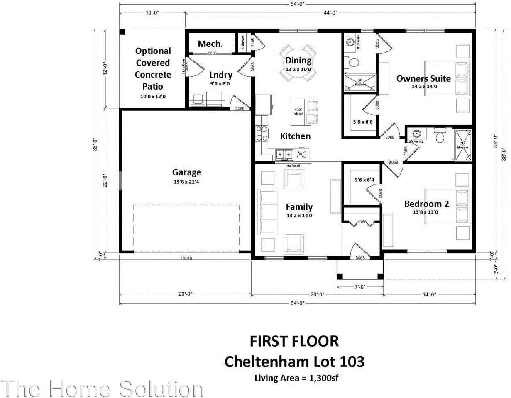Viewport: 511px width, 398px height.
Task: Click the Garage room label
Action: [186, 172]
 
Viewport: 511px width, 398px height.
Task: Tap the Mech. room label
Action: [210, 44]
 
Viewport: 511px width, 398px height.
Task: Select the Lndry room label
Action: [220, 75]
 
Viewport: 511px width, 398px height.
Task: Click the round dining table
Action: [298, 61]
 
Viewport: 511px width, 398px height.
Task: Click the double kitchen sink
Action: [284, 155]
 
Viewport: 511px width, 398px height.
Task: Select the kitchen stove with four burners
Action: [262, 133]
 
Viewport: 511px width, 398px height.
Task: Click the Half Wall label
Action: [293, 165]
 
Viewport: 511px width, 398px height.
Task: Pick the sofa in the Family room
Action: [268, 212]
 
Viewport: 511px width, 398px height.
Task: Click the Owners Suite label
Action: [423, 78]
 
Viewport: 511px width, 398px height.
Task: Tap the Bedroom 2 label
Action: [426, 204]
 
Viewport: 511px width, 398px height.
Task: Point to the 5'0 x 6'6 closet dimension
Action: [362, 122]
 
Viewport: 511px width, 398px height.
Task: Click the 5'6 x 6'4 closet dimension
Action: [364, 180]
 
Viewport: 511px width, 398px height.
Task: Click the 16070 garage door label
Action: [186, 258]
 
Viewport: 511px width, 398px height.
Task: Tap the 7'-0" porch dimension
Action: [359, 286]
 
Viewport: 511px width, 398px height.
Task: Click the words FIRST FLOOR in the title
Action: [294, 341]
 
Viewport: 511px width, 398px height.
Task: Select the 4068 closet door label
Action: [362, 222]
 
